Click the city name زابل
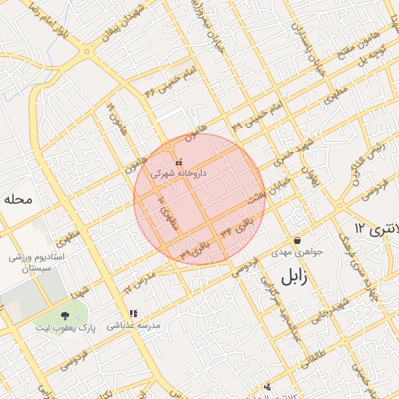click(x=296, y=275)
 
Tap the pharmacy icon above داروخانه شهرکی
click(x=179, y=162)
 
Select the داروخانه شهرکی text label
click(x=179, y=174)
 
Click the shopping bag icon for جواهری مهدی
click(x=297, y=240)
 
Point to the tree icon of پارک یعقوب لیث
click(x=64, y=316)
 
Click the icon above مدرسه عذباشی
click(x=133, y=313)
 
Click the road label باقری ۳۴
click(x=238, y=229)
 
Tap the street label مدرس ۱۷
click(x=138, y=282)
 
